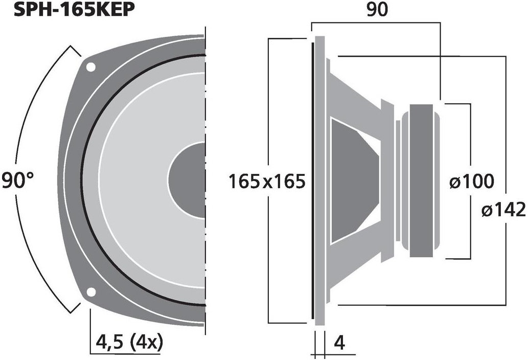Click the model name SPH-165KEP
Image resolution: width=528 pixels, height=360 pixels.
[x=75, y=9]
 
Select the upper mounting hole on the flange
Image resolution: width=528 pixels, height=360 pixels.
[x=91, y=66]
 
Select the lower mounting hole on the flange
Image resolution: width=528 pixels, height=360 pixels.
[x=91, y=292]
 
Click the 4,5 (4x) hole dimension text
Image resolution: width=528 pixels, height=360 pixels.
[x=129, y=342]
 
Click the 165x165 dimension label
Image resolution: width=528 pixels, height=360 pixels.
[x=267, y=181]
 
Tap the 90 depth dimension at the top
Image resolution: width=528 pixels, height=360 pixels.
[x=377, y=9]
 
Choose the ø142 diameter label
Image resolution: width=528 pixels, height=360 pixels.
[x=503, y=210]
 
